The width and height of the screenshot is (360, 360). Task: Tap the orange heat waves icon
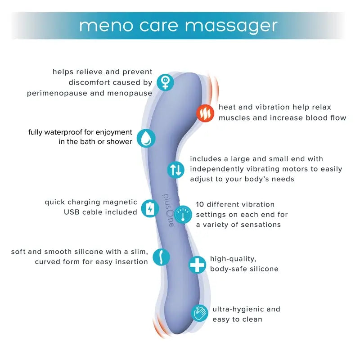(x=205, y=113)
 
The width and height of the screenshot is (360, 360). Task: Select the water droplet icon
(x=146, y=138)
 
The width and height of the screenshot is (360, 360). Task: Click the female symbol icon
(x=166, y=82)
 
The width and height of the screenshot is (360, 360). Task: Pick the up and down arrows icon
(x=176, y=169)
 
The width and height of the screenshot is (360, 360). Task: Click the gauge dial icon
(x=183, y=215)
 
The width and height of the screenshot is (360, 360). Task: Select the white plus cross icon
(x=197, y=265)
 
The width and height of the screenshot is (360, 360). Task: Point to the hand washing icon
(x=199, y=312)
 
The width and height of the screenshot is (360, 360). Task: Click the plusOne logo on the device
(x=170, y=211)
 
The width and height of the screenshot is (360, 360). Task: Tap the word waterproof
(x=67, y=132)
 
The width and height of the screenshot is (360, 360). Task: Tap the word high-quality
(x=233, y=259)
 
